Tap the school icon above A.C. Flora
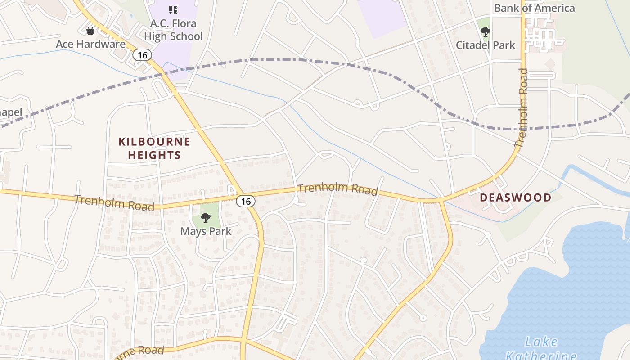point(173,9)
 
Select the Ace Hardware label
point(90,44)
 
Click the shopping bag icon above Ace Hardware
point(90,31)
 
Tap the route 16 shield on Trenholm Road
point(245,201)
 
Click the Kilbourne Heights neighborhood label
point(154,148)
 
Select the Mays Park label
point(206,231)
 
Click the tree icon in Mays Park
point(206,218)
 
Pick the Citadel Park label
point(485,45)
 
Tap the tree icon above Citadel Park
point(485,32)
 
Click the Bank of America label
point(534,8)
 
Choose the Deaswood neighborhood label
point(515,198)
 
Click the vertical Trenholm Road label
point(522,108)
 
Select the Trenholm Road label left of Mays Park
point(114,203)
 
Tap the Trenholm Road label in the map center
point(337,189)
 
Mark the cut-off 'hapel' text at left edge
point(11,112)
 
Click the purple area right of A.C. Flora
point(382,18)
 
